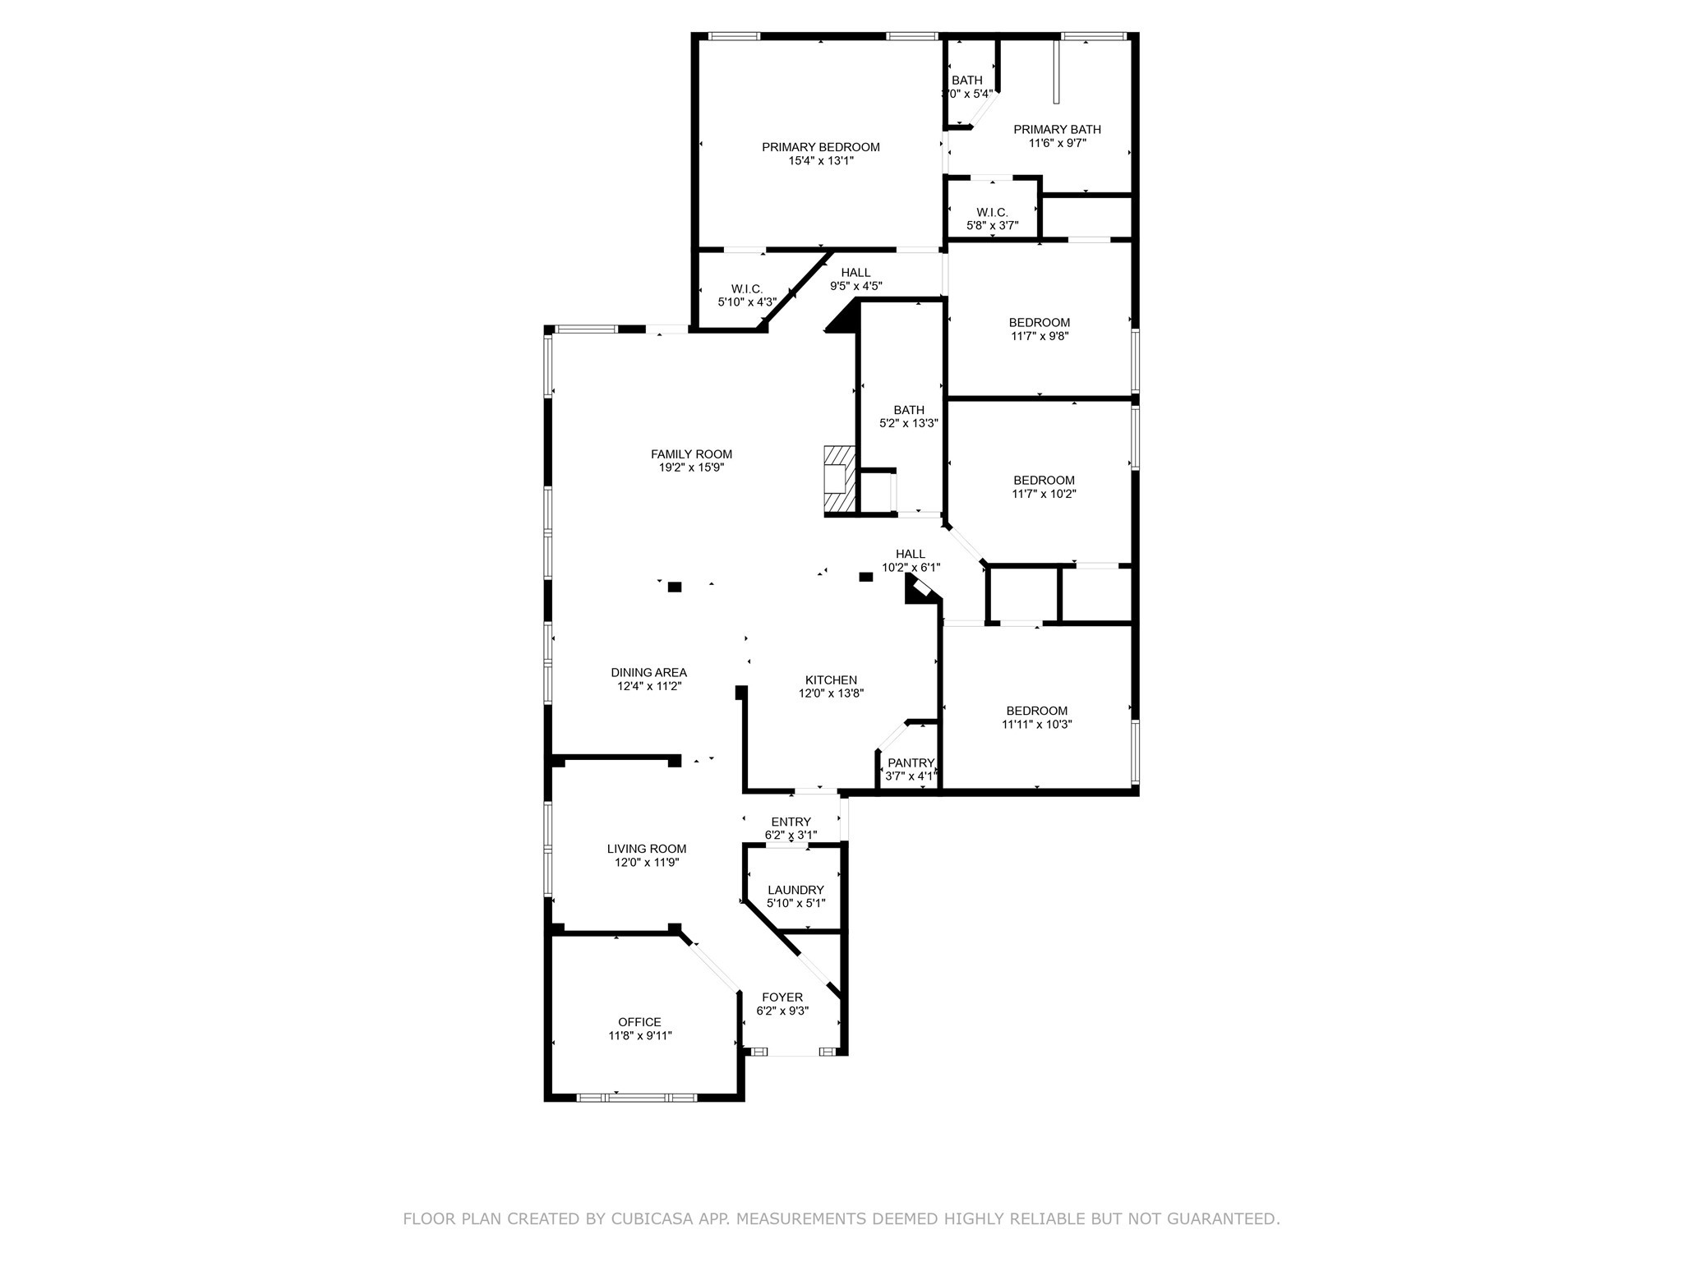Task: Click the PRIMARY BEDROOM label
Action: point(820,147)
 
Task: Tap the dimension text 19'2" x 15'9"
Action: point(691,467)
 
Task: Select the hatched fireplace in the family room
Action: point(839,481)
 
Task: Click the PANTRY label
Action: point(911,762)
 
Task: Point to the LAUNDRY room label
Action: point(795,890)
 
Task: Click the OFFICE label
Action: point(639,1022)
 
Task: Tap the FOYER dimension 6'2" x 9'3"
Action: point(782,1011)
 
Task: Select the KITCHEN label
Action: point(831,679)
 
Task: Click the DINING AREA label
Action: point(648,672)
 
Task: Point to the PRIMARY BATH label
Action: point(1057,129)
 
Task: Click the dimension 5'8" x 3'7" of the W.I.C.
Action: point(992,225)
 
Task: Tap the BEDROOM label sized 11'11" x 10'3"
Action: point(1036,711)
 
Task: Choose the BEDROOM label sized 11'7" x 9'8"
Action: point(1040,322)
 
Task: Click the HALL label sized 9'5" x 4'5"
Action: point(855,273)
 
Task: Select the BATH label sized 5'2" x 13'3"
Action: point(909,410)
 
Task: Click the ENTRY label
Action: point(791,822)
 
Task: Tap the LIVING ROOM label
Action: point(647,849)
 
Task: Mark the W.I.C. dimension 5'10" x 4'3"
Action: point(747,302)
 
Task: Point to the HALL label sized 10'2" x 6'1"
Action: point(911,554)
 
